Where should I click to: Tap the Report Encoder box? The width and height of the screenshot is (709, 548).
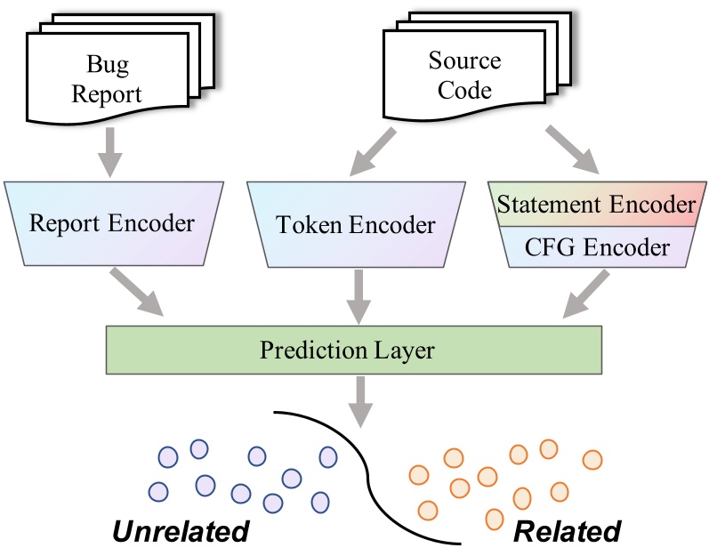111,222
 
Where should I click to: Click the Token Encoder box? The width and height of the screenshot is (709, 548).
355,224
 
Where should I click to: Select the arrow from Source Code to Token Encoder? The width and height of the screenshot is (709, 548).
375,150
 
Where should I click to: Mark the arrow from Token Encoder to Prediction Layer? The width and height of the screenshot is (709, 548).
359,295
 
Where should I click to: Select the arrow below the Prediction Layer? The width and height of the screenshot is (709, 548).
359,399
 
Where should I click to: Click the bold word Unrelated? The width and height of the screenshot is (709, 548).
180,531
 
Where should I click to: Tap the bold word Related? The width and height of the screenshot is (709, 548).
568,531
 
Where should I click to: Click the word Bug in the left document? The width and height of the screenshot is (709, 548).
107,64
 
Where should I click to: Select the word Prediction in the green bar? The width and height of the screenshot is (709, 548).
302,350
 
